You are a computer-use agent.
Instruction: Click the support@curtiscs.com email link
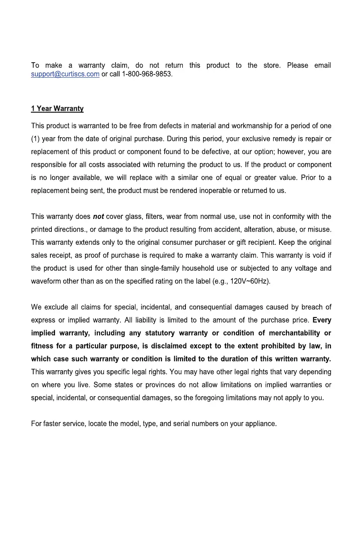click(x=65, y=74)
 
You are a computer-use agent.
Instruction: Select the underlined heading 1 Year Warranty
click(x=57, y=109)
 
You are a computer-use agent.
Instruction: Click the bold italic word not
click(x=98, y=217)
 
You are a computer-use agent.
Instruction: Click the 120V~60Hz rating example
click(x=250, y=281)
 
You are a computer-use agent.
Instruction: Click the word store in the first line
click(x=271, y=65)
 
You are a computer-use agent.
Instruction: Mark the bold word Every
click(x=322, y=320)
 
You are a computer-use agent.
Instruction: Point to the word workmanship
click(x=251, y=126)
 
